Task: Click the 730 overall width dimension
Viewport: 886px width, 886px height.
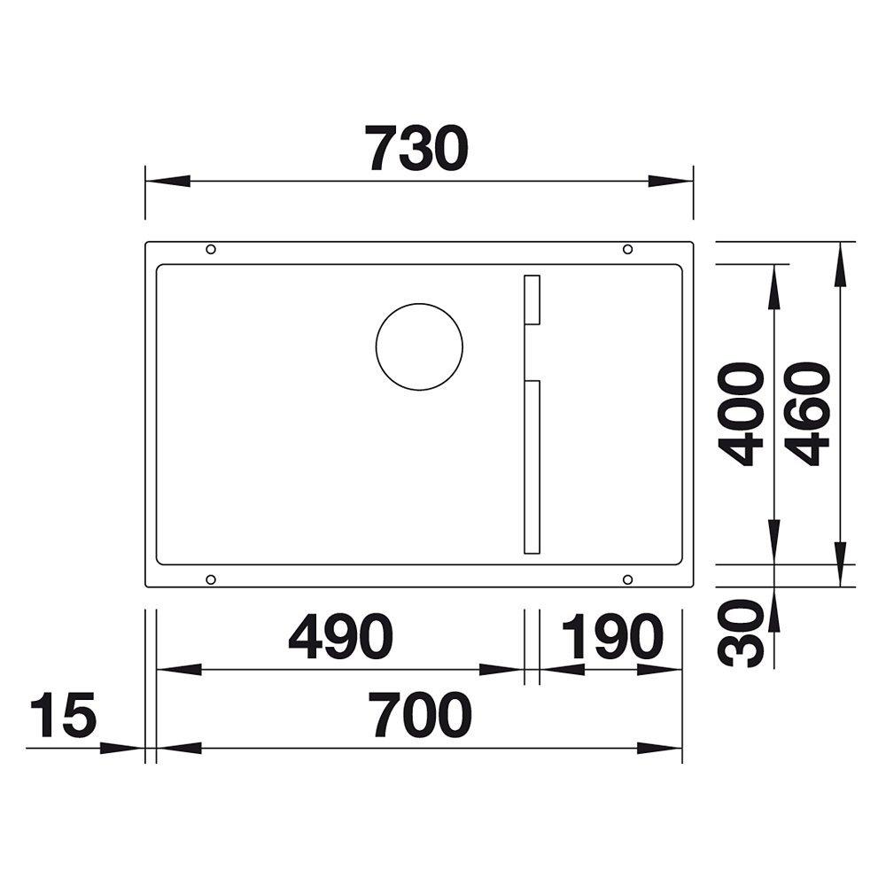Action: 416,149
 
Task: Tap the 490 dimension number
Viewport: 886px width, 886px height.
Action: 340,637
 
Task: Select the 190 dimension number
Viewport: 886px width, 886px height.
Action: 612,637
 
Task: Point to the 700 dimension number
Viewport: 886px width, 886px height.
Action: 422,715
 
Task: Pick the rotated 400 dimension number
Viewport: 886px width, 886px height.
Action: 740,414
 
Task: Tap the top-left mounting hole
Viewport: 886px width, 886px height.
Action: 211,249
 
